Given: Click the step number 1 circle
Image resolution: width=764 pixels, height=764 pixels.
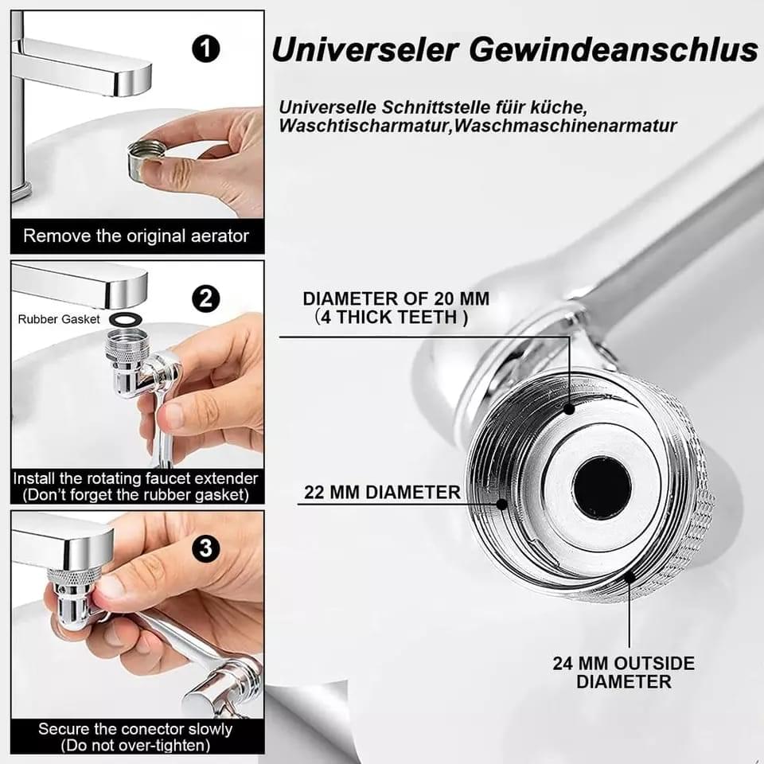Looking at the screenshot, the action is (x=205, y=49).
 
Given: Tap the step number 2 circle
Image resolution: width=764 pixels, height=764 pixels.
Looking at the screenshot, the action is (x=205, y=298).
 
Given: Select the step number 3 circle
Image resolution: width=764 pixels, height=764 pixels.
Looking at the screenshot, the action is (x=205, y=548).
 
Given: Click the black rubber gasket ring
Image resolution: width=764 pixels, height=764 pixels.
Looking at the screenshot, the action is (x=126, y=319).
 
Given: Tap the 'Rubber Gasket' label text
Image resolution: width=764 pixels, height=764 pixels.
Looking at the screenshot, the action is (x=58, y=319).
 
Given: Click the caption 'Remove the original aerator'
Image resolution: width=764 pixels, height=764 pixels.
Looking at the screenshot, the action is (x=136, y=236).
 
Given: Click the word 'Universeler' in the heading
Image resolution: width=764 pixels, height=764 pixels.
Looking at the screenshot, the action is (x=365, y=49).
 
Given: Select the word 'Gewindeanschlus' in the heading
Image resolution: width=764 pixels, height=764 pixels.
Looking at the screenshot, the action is (x=614, y=49).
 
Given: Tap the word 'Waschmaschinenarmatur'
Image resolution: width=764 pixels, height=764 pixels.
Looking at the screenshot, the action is (x=566, y=126).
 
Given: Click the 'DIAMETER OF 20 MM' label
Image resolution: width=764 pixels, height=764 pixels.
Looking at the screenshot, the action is (x=396, y=298).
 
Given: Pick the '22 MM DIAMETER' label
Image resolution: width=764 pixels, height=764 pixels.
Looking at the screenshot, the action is (x=382, y=492).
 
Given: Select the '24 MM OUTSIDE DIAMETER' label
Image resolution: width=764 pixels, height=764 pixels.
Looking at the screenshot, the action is (x=624, y=672).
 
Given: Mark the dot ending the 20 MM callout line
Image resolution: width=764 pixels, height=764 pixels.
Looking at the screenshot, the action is (x=569, y=409).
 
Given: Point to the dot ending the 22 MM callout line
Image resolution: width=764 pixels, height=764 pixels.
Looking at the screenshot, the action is (x=501, y=504).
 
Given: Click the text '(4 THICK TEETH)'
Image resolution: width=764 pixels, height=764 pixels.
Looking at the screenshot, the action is (x=392, y=318).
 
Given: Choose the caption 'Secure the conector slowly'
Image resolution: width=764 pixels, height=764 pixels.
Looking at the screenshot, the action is (x=135, y=729).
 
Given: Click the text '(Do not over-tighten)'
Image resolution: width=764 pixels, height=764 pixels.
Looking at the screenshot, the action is (x=135, y=746).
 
